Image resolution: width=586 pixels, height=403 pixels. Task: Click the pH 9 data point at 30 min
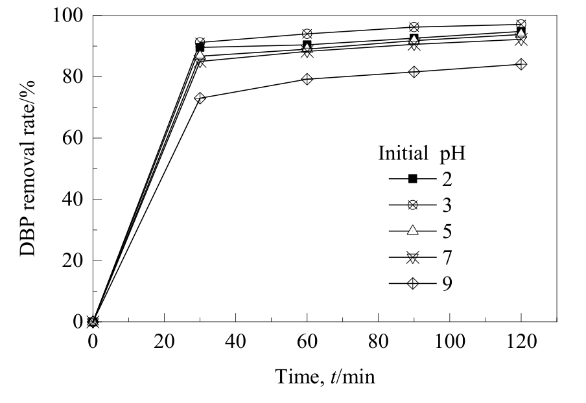tap(200, 98)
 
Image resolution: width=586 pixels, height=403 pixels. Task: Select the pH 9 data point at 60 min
tap(307, 79)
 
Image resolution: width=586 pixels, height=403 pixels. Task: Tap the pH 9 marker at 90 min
tap(414, 71)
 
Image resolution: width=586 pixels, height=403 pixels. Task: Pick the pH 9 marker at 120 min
tap(521, 64)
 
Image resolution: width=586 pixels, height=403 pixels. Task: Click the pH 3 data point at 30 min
tap(200, 42)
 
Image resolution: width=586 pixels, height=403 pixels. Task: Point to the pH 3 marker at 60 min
tap(307, 34)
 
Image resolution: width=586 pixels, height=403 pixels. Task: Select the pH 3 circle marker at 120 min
tap(521, 25)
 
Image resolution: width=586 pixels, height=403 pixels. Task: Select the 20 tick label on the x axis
tap(164, 341)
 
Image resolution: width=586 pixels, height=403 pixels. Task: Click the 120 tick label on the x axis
tap(521, 341)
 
